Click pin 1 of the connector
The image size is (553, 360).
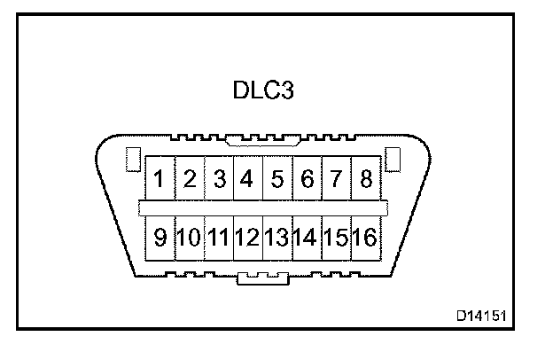point(160,180)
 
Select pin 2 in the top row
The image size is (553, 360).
point(190,180)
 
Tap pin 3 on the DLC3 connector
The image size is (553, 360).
point(219,180)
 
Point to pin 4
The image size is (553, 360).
point(247,180)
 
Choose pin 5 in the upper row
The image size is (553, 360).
point(277,180)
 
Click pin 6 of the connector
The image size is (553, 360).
point(307,180)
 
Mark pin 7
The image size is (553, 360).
point(335,180)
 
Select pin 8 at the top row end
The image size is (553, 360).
point(364,180)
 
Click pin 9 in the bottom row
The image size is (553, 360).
point(160,237)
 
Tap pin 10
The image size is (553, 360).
point(190,237)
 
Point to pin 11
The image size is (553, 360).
point(219,237)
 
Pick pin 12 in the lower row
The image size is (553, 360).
point(247,237)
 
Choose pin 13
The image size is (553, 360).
point(277,237)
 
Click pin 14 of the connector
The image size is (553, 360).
point(307,237)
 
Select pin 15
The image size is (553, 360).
point(335,237)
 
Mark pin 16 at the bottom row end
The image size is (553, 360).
point(364,237)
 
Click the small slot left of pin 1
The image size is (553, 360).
point(132,160)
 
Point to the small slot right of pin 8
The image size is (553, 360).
point(394,160)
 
